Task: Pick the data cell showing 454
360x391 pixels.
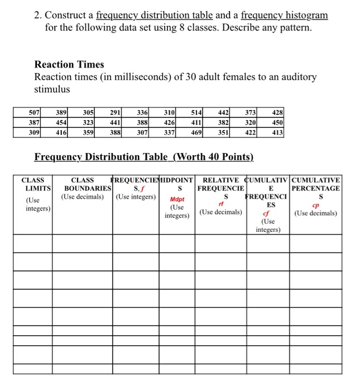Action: click(x=61, y=122)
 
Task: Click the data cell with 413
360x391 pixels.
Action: click(x=277, y=132)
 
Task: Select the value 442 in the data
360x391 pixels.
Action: click(x=223, y=112)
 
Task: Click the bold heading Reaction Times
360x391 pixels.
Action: click(x=69, y=64)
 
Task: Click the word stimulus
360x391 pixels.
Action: click(x=53, y=89)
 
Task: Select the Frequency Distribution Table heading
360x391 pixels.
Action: click(x=144, y=158)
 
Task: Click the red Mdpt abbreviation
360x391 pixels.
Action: click(x=177, y=199)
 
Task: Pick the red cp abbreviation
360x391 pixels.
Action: click(x=316, y=204)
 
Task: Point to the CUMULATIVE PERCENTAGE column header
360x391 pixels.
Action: click(x=316, y=184)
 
